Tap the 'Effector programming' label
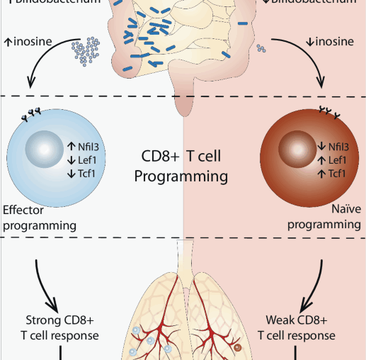(x=39, y=217)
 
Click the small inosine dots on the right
(x=261, y=50)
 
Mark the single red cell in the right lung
(x=238, y=348)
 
